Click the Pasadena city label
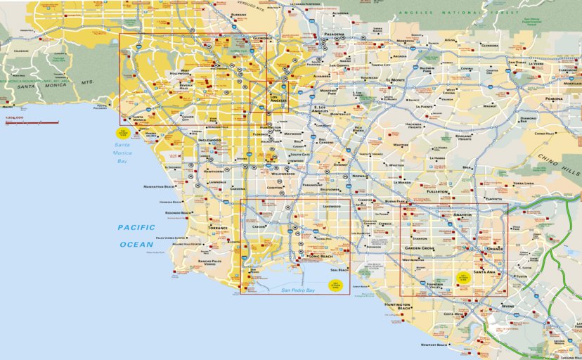(335, 34)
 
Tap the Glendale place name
(262, 38)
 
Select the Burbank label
(239, 14)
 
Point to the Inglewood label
(209, 140)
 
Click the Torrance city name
(218, 228)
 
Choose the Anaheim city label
(463, 214)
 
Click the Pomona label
(554, 99)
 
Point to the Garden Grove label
(419, 248)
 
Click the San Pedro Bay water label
(298, 290)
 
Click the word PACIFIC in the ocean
(136, 227)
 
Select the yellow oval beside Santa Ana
(463, 276)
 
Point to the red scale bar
(32, 123)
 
